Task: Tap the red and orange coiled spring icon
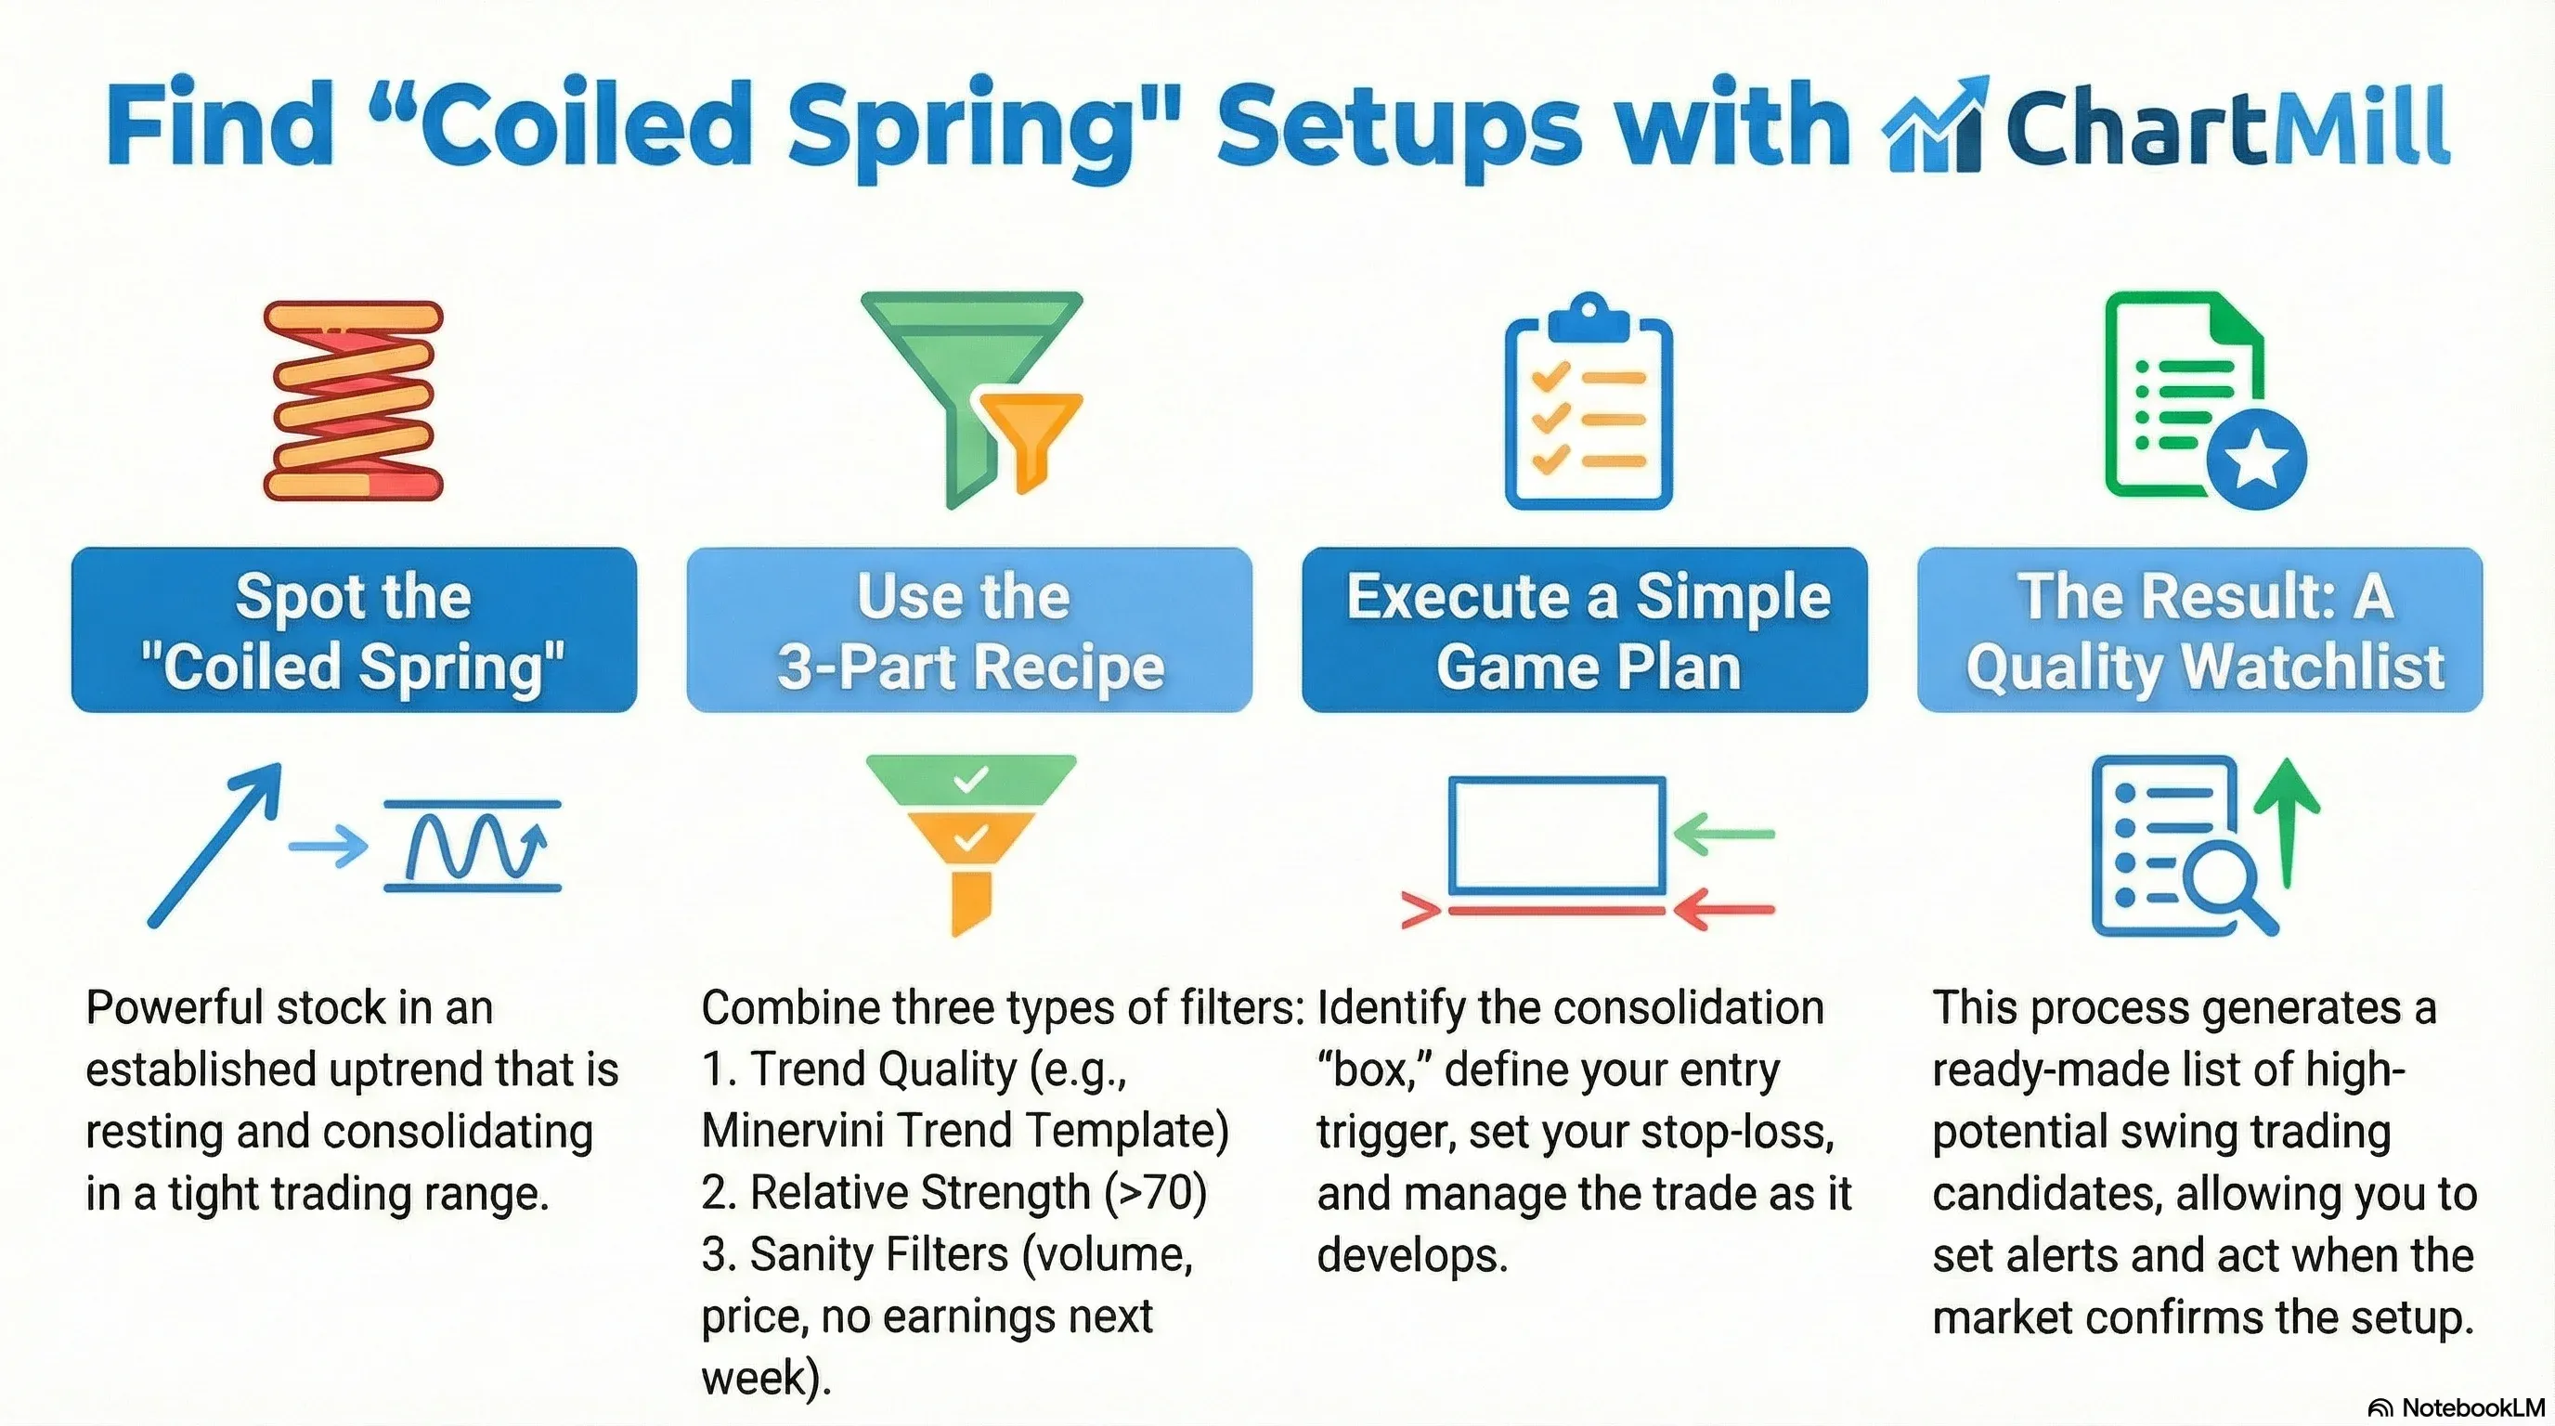pyautogui.click(x=353, y=401)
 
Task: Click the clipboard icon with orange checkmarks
pyautogui.click(x=1589, y=402)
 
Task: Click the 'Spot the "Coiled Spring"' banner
pyautogui.click(x=354, y=629)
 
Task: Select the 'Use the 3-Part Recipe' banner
pyautogui.click(x=969, y=629)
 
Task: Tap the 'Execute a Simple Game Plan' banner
pyautogui.click(x=1585, y=629)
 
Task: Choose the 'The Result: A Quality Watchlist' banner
pyautogui.click(x=2200, y=629)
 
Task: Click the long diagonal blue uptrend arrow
pyautogui.click(x=214, y=845)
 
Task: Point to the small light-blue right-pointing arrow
pyautogui.click(x=329, y=847)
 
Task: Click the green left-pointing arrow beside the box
pyautogui.click(x=1724, y=834)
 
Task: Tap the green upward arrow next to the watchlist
pyautogui.click(x=2286, y=823)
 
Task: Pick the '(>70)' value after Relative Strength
pyautogui.click(x=1156, y=1193)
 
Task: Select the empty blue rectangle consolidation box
pyautogui.click(x=1557, y=836)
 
